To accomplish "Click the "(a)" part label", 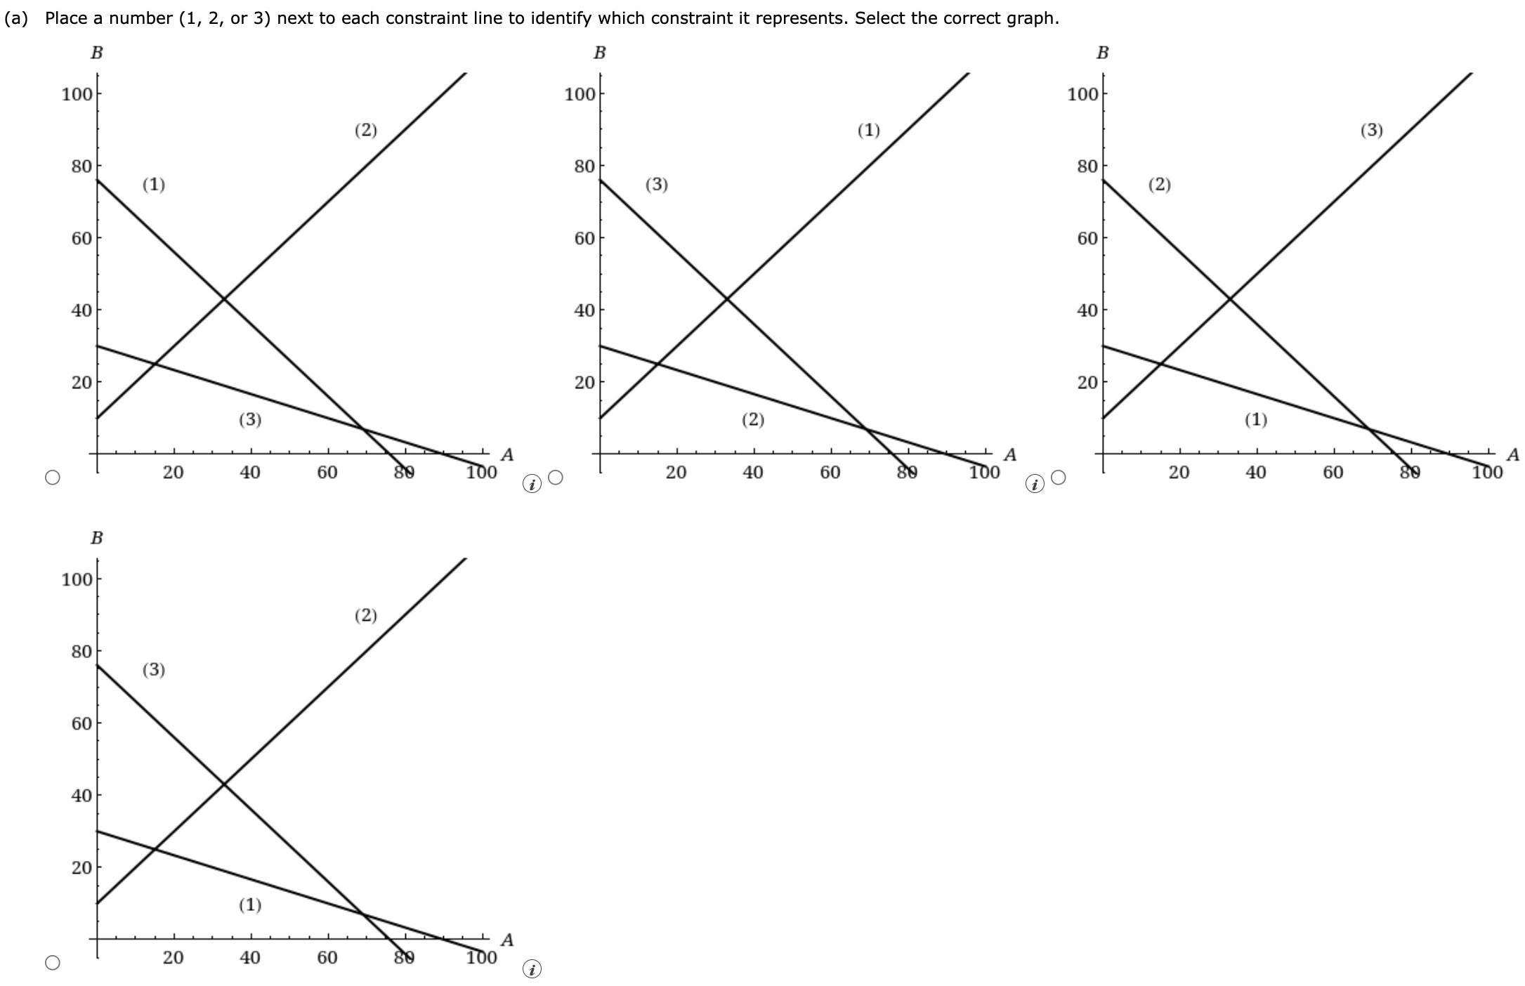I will point(17,18).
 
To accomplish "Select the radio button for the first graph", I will point(53,478).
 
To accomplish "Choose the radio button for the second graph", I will point(556,478).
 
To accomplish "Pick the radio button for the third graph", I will point(1059,478).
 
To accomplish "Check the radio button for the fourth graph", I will point(53,962).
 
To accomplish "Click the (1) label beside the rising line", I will point(869,130).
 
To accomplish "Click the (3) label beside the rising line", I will point(1372,130).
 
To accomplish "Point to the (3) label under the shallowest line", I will point(250,420).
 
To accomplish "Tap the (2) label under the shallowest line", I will point(753,420).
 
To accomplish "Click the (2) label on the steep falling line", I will point(1160,185).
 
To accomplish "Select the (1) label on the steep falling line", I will point(154,185).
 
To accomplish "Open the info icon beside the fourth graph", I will point(532,970).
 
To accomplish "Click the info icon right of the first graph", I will point(532,484).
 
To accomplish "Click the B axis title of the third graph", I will point(1103,53).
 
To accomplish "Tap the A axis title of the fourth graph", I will point(508,940).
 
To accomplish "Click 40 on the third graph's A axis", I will point(1256,472).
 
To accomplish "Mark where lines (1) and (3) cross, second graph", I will point(727,299).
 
